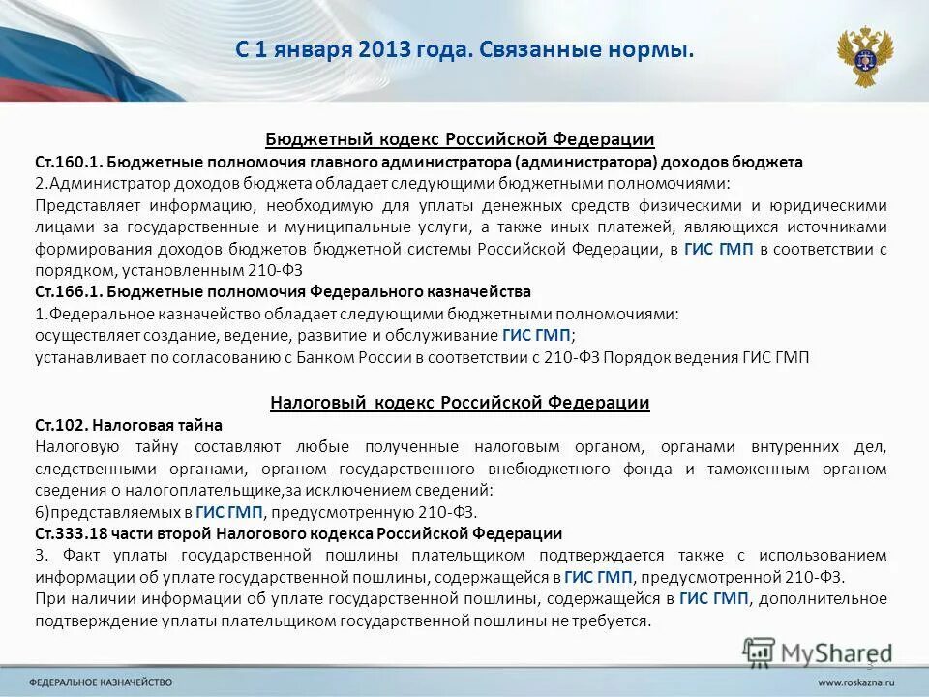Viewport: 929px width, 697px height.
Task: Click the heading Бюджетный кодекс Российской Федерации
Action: click(461, 139)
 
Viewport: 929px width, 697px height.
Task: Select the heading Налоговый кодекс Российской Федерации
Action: click(460, 402)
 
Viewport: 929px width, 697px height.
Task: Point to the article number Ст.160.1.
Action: click(67, 162)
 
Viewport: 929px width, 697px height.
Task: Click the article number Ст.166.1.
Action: click(67, 291)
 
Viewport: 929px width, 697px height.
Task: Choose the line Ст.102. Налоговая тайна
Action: click(129, 424)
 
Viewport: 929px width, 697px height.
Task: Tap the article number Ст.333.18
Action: click(73, 533)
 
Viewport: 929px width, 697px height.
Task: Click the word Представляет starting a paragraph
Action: click(82, 205)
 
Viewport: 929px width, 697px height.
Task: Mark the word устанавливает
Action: click(91, 357)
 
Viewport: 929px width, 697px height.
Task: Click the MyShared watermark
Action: click(818, 653)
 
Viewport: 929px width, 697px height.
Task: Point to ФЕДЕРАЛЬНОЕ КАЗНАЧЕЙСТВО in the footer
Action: click(101, 682)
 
